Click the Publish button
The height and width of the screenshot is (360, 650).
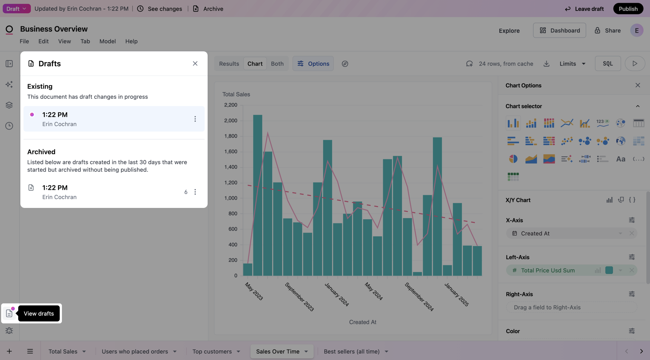[x=628, y=9]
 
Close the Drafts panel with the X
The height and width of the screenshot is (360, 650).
[x=195, y=63]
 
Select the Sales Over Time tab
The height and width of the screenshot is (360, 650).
[x=277, y=351]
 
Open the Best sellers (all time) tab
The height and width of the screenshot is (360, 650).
[x=351, y=351]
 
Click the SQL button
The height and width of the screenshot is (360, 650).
[x=607, y=63]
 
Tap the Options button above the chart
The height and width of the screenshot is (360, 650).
[x=313, y=63]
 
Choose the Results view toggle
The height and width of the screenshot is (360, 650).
[x=229, y=63]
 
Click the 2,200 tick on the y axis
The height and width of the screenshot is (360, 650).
[x=231, y=105]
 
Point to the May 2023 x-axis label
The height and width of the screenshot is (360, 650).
[x=254, y=291]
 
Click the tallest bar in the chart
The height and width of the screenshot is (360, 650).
[x=257, y=195]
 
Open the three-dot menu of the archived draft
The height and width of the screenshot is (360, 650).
[x=195, y=192]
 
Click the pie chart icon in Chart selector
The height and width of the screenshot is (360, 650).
[x=513, y=159]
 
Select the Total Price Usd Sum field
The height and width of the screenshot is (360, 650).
[x=548, y=270]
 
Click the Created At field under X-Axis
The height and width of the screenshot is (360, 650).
[x=535, y=233]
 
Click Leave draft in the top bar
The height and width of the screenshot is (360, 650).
[x=584, y=9]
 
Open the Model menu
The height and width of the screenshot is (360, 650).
[x=108, y=41]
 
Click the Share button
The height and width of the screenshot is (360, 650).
[x=607, y=31]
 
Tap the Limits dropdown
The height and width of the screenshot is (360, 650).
[x=572, y=63]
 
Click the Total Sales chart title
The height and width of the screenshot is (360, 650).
[x=236, y=94]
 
